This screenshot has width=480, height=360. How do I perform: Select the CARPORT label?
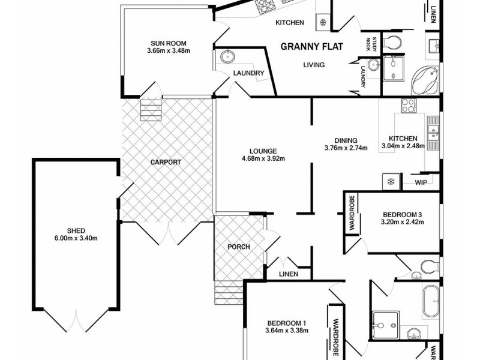click(x=166, y=162)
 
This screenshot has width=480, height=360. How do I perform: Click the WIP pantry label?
click(x=419, y=182)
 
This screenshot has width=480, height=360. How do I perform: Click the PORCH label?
click(x=238, y=247)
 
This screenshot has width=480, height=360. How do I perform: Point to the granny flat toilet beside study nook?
click(x=394, y=43)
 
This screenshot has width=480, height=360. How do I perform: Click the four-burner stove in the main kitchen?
click(x=409, y=105)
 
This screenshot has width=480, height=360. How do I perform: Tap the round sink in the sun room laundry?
click(x=227, y=57)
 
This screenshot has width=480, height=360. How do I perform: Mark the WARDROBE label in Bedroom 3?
click(x=352, y=212)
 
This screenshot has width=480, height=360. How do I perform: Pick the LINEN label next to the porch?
click(x=288, y=274)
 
